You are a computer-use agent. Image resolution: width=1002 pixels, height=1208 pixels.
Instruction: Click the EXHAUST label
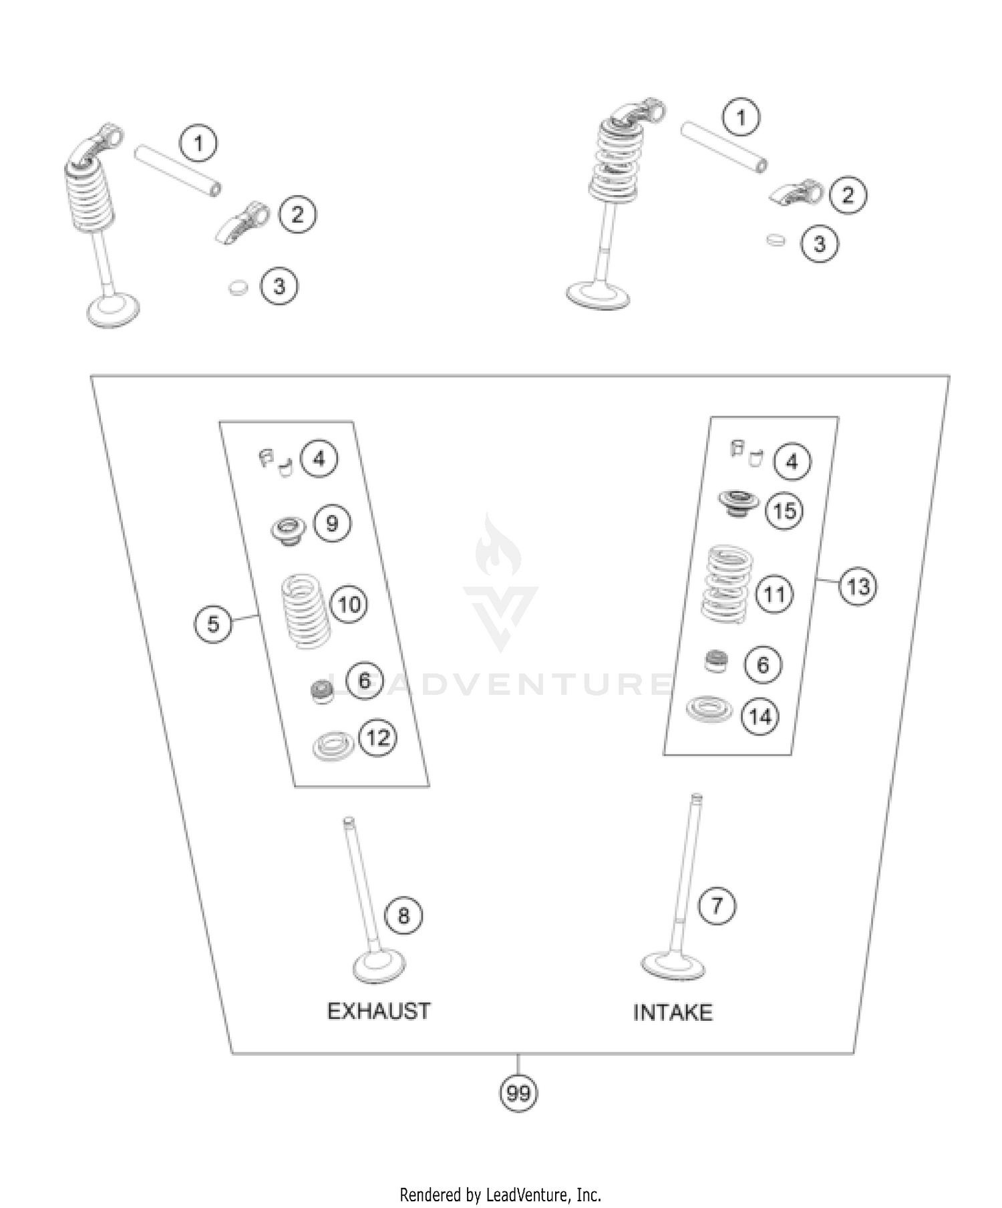pyautogui.click(x=379, y=1011)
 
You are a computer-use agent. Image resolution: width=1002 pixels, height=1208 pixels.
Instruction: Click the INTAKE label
pyautogui.click(x=673, y=1012)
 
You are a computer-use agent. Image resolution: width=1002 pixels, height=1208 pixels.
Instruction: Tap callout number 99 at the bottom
pyautogui.click(x=518, y=1094)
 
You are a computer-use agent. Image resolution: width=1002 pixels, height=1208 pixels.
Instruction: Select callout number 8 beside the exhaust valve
pyautogui.click(x=403, y=915)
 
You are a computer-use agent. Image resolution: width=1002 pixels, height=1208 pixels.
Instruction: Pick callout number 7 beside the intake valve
pyautogui.click(x=717, y=906)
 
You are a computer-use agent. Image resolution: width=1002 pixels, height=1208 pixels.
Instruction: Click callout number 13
pyautogui.click(x=858, y=587)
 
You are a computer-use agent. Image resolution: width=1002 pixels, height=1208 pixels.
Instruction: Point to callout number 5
pyautogui.click(x=213, y=624)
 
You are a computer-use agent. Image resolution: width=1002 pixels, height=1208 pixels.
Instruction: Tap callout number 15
pyautogui.click(x=784, y=511)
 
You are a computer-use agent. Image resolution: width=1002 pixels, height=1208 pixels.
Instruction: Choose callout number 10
pyautogui.click(x=349, y=605)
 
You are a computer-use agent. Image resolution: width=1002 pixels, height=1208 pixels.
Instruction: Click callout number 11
pyautogui.click(x=774, y=594)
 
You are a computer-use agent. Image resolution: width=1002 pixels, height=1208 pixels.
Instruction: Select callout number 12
pyautogui.click(x=378, y=738)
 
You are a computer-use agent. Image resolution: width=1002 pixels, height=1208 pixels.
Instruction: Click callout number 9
pyautogui.click(x=332, y=523)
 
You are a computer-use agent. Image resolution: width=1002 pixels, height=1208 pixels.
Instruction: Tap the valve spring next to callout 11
pyautogui.click(x=728, y=583)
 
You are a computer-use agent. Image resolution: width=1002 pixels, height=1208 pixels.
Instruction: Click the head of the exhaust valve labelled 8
pyautogui.click(x=379, y=967)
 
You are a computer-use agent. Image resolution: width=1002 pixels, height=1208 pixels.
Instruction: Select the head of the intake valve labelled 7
pyautogui.click(x=673, y=965)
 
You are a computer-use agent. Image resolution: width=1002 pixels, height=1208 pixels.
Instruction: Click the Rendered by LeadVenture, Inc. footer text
pyautogui.click(x=500, y=1194)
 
